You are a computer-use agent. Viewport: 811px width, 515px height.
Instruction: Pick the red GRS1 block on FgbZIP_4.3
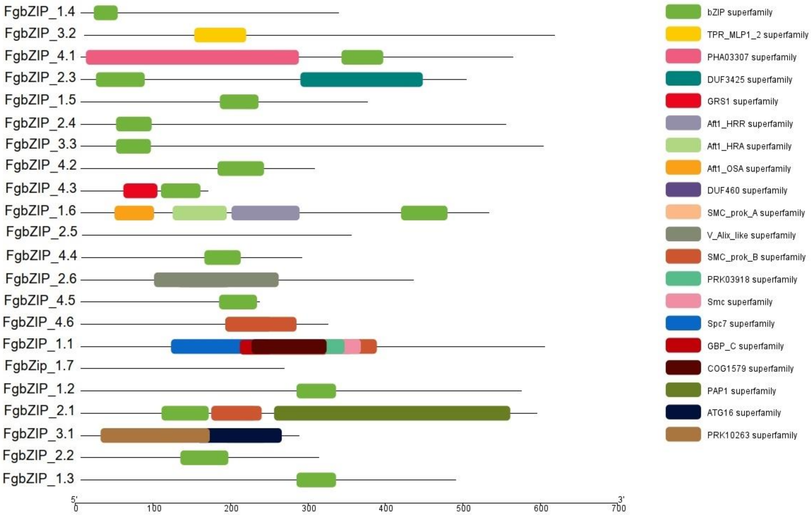140,191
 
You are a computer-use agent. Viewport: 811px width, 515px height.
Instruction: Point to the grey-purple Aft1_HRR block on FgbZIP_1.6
265,213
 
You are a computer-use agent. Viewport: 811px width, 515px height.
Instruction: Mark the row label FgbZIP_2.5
42,232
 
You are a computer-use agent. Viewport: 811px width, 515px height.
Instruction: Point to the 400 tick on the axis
386,508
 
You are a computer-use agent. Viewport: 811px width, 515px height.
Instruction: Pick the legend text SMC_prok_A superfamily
756,213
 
